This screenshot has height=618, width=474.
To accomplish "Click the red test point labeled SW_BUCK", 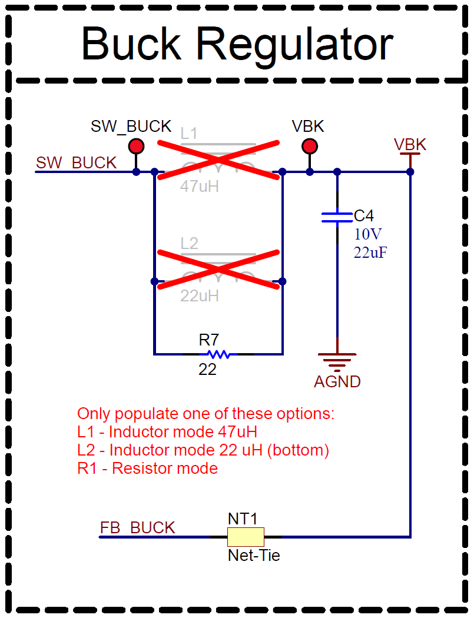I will [136, 146].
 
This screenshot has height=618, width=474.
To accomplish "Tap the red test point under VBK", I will [309, 146].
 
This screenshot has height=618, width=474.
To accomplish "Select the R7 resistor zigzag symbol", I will [218, 354].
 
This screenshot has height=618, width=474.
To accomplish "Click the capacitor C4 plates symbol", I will [337, 217].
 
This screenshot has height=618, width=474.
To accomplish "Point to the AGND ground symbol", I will [337, 358].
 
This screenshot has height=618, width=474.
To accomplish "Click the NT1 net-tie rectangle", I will [246, 537].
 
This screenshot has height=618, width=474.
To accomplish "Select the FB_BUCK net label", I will [137, 528].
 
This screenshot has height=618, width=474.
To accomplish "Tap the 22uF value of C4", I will [370, 252].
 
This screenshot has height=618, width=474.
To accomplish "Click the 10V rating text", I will [368, 234].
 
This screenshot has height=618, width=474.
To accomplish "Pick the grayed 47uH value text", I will [199, 187].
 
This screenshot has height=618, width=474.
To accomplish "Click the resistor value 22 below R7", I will [207, 370].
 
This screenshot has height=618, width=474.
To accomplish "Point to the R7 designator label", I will [209, 340].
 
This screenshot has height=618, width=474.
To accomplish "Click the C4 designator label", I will [364, 216].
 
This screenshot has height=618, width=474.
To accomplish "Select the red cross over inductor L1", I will [218, 160].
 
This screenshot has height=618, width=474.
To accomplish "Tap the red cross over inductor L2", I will [218, 270].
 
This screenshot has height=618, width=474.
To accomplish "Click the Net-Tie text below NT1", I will [254, 554].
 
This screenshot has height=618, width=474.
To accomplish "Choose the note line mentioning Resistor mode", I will [147, 469].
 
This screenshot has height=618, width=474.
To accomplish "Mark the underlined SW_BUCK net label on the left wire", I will [76, 163].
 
